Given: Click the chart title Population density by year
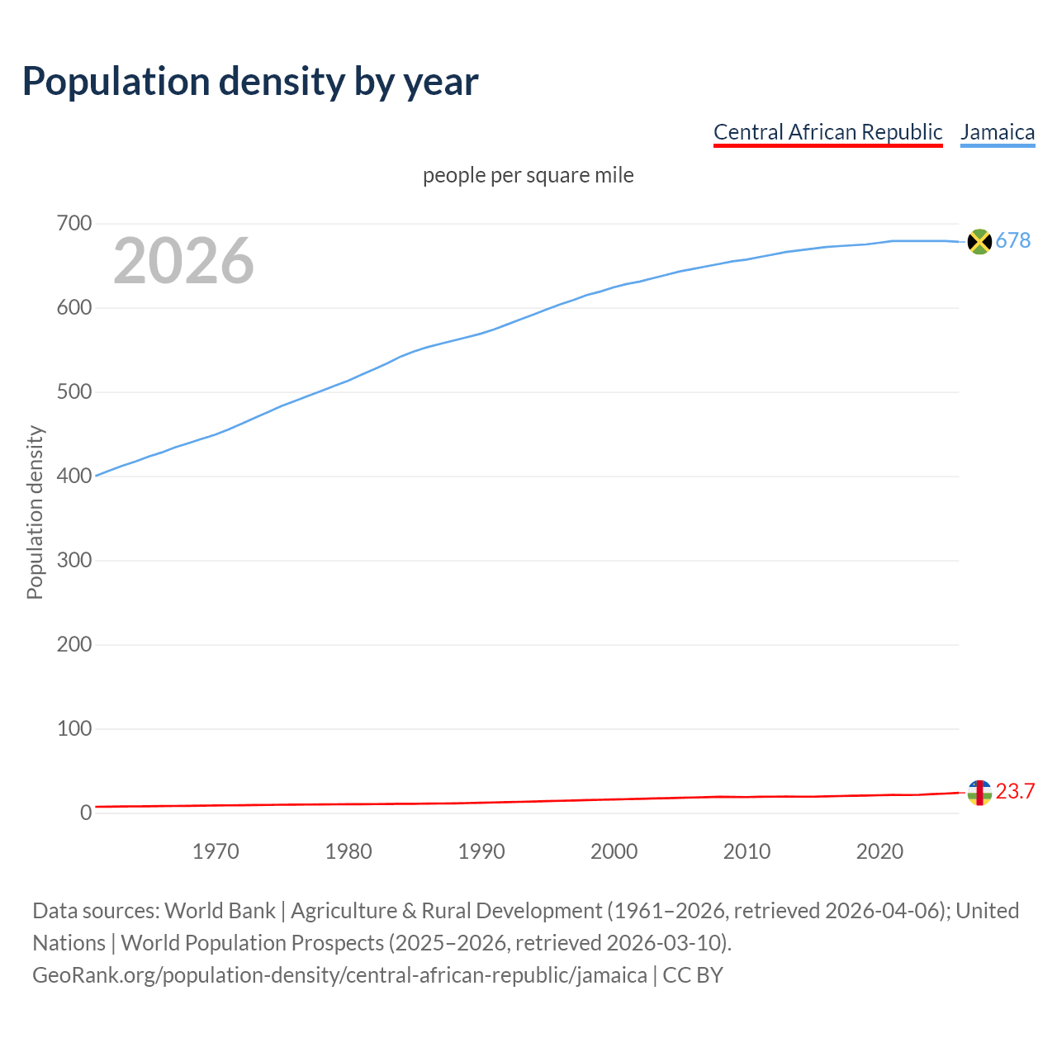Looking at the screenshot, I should pyautogui.click(x=250, y=81).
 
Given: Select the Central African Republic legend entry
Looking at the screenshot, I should pyautogui.click(x=827, y=132).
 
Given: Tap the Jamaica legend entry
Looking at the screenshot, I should pyautogui.click(x=998, y=132).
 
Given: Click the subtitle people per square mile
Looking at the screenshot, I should pyautogui.click(x=528, y=175).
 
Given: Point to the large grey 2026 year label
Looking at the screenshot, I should pyautogui.click(x=183, y=261).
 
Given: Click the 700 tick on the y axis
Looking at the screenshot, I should pyautogui.click(x=73, y=224).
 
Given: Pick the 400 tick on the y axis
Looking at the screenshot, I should pyautogui.click(x=73, y=476).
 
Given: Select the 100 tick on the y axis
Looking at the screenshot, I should pyautogui.click(x=73, y=729).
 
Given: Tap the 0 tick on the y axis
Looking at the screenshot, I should pyautogui.click(x=86, y=813).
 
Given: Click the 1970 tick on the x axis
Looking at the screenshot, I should pyautogui.click(x=216, y=851).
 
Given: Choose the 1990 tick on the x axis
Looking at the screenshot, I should pyautogui.click(x=481, y=851).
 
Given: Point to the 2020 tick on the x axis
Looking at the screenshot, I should pyautogui.click(x=879, y=851).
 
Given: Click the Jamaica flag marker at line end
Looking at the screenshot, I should pyautogui.click(x=979, y=241).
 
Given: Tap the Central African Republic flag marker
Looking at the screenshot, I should pyautogui.click(x=979, y=793).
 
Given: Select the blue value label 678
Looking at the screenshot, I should pyautogui.click(x=1013, y=240).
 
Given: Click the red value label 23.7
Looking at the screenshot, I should pyautogui.click(x=1015, y=791).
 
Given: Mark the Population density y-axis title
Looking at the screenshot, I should pyautogui.click(x=35, y=512).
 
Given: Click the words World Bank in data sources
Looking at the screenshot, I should pyautogui.click(x=220, y=911).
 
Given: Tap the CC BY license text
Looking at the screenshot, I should pyautogui.click(x=693, y=975).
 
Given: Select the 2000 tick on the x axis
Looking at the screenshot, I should pyautogui.click(x=614, y=851).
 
